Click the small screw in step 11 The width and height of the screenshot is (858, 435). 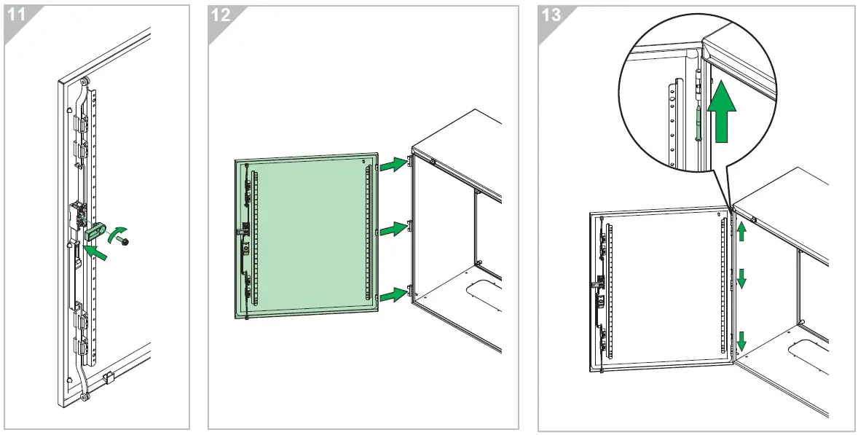click(126, 241)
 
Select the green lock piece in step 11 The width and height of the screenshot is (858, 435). click(96, 232)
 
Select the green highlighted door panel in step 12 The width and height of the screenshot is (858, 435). click(306, 233)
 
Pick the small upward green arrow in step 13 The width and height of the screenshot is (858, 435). click(741, 232)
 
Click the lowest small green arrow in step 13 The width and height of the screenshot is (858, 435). click(741, 340)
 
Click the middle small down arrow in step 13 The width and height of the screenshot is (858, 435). click(741, 278)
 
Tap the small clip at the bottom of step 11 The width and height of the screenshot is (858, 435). click(108, 377)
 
